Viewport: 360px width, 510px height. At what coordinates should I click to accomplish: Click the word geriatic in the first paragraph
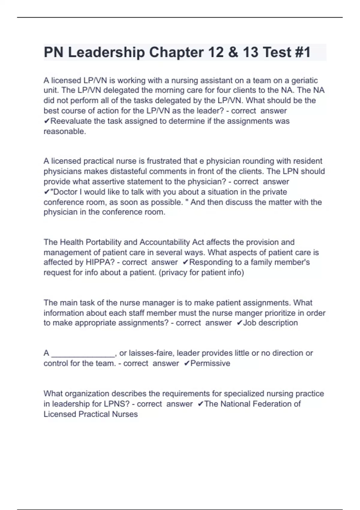click(x=304, y=80)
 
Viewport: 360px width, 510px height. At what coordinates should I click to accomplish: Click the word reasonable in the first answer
click(x=64, y=131)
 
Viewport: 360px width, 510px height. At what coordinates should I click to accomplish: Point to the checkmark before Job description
click(x=239, y=323)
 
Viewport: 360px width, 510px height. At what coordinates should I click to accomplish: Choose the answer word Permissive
click(x=210, y=363)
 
